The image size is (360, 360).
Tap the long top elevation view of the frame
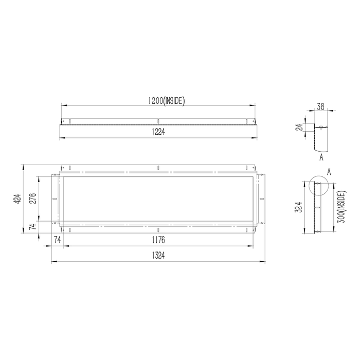[158, 121]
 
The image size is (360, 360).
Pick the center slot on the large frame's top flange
[159, 168]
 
